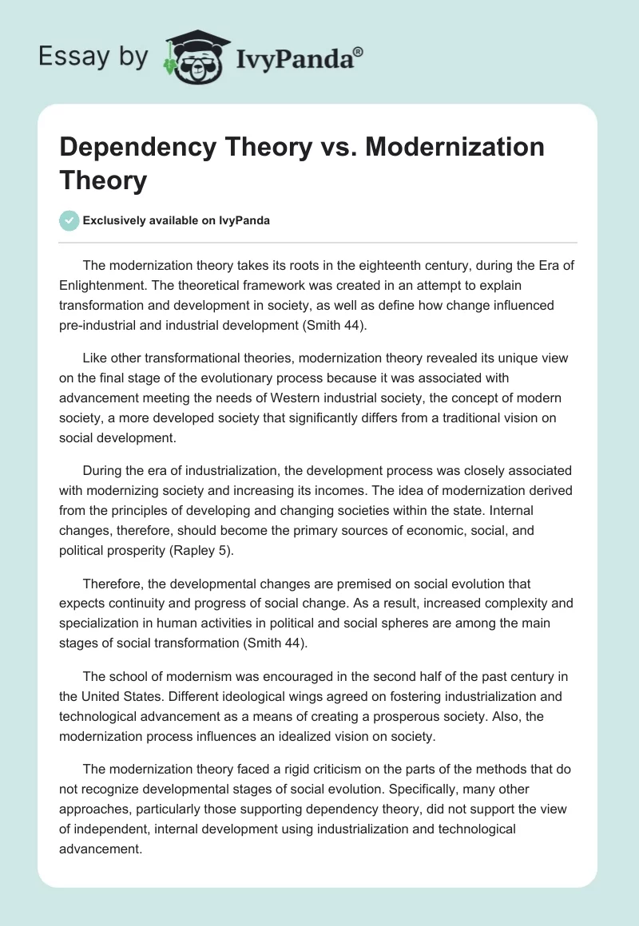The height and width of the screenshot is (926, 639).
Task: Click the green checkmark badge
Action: point(70,221)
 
